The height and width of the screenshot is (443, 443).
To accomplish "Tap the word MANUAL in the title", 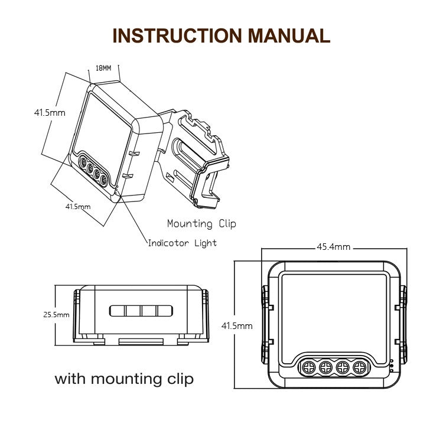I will click(289, 35).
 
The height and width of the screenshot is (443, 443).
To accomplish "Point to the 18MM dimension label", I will click(103, 69).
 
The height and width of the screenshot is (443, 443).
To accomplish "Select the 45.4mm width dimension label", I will click(334, 247).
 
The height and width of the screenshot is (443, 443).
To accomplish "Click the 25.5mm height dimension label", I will click(56, 315).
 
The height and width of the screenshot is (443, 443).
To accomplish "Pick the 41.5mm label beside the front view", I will click(237, 325).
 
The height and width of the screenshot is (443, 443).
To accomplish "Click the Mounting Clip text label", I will click(201, 223).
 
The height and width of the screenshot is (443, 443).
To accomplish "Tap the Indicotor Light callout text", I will click(182, 243).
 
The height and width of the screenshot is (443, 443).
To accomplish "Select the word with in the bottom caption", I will click(73, 378).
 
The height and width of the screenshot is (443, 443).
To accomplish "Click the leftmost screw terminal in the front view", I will click(309, 367).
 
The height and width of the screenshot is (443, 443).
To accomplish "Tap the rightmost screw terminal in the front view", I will click(359, 367).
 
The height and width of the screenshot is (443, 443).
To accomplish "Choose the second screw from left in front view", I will click(325, 367).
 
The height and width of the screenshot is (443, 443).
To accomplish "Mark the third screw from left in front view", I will click(342, 367).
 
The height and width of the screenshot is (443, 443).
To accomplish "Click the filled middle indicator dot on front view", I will click(392, 367).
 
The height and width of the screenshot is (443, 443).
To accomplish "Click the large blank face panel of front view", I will click(334, 313).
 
